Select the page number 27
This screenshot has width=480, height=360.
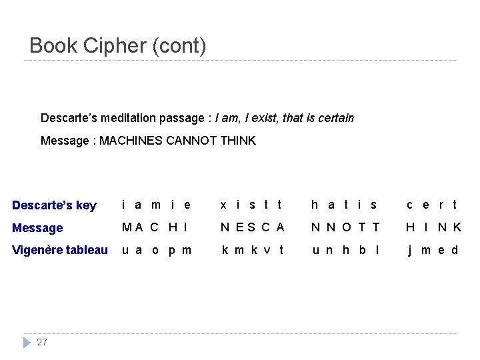click(42, 342)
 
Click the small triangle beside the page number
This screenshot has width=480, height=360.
click(27, 342)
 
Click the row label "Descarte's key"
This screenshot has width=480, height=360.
click(54, 205)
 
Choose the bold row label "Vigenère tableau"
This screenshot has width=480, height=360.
click(60, 250)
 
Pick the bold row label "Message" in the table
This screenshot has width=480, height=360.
click(37, 228)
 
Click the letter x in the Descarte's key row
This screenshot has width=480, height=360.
click(223, 205)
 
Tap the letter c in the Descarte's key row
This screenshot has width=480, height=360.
click(409, 205)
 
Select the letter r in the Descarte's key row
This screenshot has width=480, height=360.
click(441, 205)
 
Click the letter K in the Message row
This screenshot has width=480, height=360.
click(457, 227)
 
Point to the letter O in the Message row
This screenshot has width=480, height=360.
click(346, 227)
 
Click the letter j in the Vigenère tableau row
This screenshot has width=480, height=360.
click(409, 251)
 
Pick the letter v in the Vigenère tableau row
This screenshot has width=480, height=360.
click(267, 250)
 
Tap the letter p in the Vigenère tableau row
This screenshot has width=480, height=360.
click(171, 251)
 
